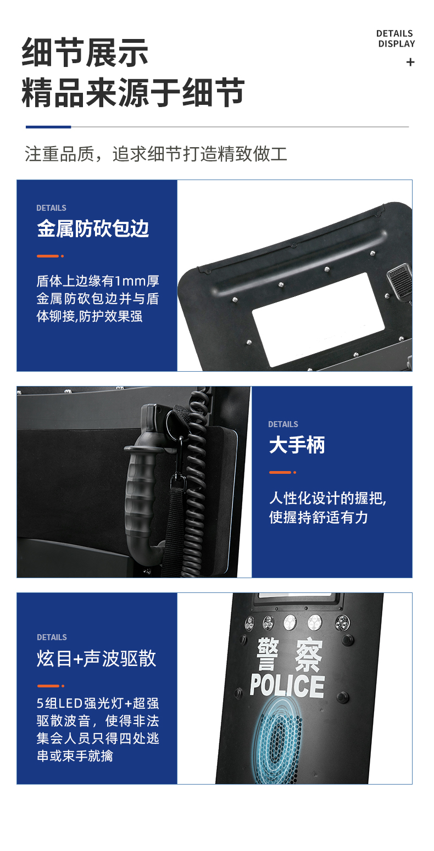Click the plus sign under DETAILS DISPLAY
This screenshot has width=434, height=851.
click(410, 62)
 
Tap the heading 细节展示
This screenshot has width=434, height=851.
click(85, 52)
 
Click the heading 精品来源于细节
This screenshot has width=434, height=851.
click(133, 92)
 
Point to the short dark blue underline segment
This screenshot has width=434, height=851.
click(48, 127)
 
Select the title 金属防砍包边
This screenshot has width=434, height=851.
click(93, 229)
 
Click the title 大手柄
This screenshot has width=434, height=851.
click(297, 445)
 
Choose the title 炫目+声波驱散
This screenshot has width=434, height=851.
click(97, 658)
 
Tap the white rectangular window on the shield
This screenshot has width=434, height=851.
click(319, 319)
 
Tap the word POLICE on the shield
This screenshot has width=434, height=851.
click(287, 686)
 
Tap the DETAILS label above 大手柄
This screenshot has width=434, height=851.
click(283, 424)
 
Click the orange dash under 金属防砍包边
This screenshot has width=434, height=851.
click(48, 256)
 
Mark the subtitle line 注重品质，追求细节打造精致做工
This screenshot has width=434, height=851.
click(156, 154)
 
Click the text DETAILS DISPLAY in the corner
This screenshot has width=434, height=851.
click(396, 39)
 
